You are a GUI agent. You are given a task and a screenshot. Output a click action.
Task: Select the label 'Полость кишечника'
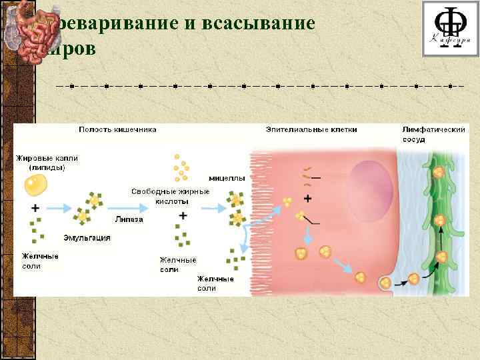(118, 129)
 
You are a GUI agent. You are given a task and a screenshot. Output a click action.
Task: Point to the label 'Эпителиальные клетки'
(311, 129)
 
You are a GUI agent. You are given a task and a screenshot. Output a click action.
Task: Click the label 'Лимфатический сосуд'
(433, 134)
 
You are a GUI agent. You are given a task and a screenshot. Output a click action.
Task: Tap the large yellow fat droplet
(35, 184)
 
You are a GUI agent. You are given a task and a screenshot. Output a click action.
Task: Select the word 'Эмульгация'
(87, 237)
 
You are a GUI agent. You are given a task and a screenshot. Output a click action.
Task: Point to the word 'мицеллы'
(227, 178)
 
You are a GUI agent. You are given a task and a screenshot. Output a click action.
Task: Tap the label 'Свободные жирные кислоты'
(169, 196)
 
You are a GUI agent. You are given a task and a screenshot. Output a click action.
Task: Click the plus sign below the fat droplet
(35, 208)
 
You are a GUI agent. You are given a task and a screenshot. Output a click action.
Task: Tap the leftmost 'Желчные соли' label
(39, 261)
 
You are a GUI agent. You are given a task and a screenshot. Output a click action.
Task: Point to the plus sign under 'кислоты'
(183, 215)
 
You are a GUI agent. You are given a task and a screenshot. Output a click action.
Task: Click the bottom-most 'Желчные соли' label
(215, 283)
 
